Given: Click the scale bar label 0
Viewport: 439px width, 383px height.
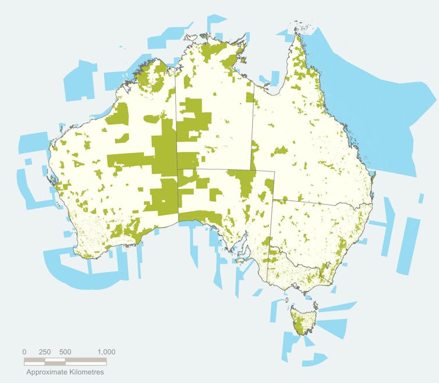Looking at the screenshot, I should [24, 352].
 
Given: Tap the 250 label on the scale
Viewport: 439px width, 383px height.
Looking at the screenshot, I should [45, 352].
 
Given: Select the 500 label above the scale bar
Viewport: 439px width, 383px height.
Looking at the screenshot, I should [65, 352].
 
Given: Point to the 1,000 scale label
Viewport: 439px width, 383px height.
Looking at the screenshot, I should [107, 352].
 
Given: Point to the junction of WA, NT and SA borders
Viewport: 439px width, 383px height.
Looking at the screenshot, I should [177, 170].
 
